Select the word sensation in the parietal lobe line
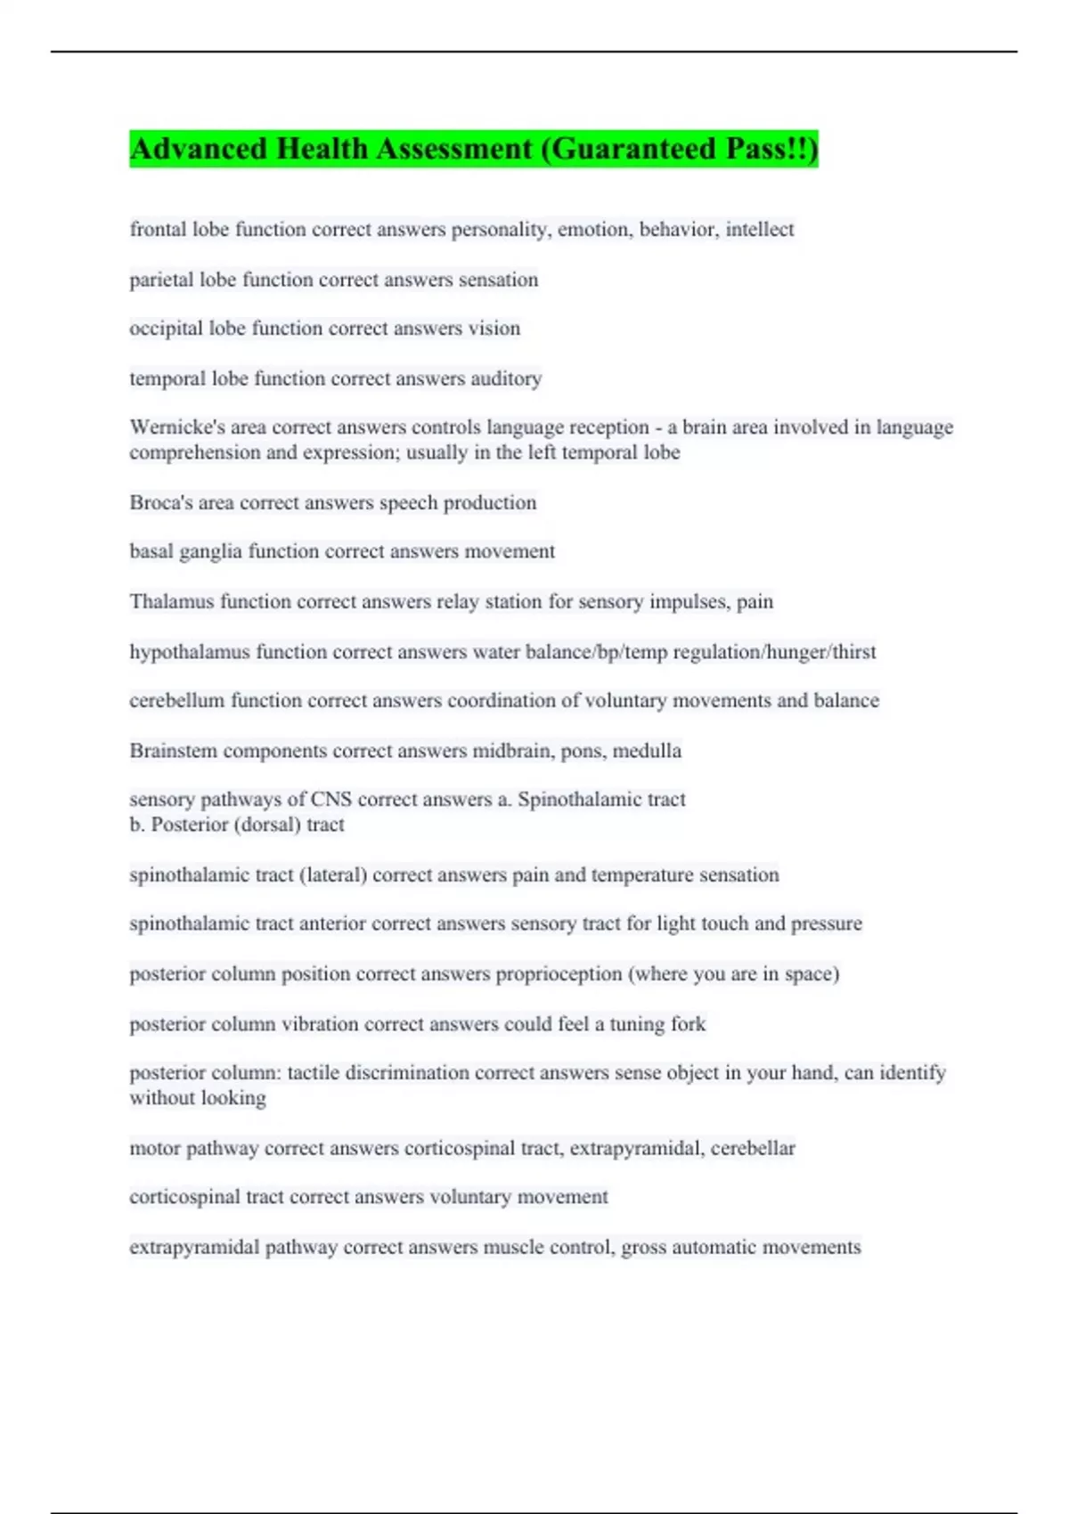pyautogui.click(x=498, y=280)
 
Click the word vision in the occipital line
pyautogui.click(x=494, y=329)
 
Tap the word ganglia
pyautogui.click(x=210, y=552)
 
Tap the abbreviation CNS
pyautogui.click(x=330, y=800)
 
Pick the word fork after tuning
pyautogui.click(x=688, y=1024)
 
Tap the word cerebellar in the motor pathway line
pyautogui.click(x=753, y=1149)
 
